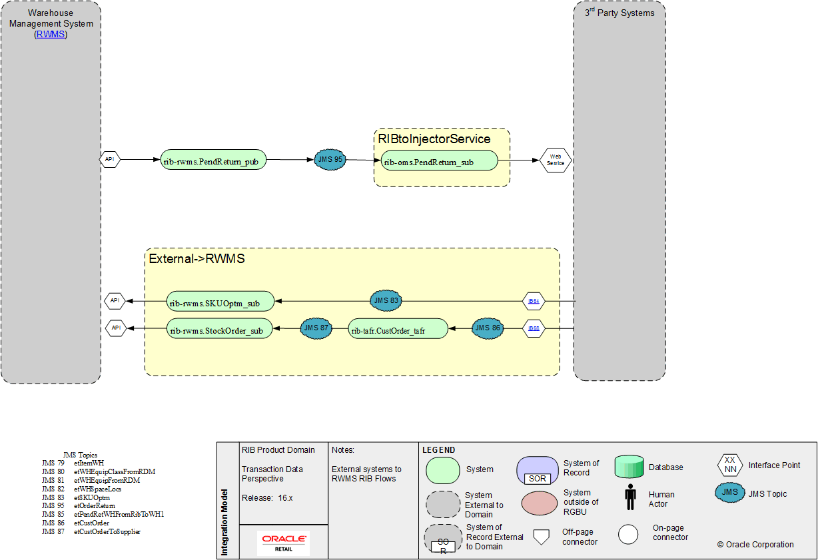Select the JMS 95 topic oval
point(330,160)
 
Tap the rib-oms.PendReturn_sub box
point(439,160)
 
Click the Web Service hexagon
point(556,160)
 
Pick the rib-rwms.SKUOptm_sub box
point(220,302)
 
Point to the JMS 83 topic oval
point(386,301)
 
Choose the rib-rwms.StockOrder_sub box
point(220,329)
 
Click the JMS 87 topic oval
point(316,328)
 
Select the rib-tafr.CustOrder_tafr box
point(398,329)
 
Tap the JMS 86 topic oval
point(488,328)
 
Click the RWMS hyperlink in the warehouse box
point(51,34)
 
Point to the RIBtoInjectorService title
point(434,139)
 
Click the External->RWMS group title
point(197,258)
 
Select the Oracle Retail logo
point(284,543)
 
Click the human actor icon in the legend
point(629,496)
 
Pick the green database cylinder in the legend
point(629,467)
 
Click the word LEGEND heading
point(439,450)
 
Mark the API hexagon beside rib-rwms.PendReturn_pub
point(110,160)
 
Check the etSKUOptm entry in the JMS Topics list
point(92,497)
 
